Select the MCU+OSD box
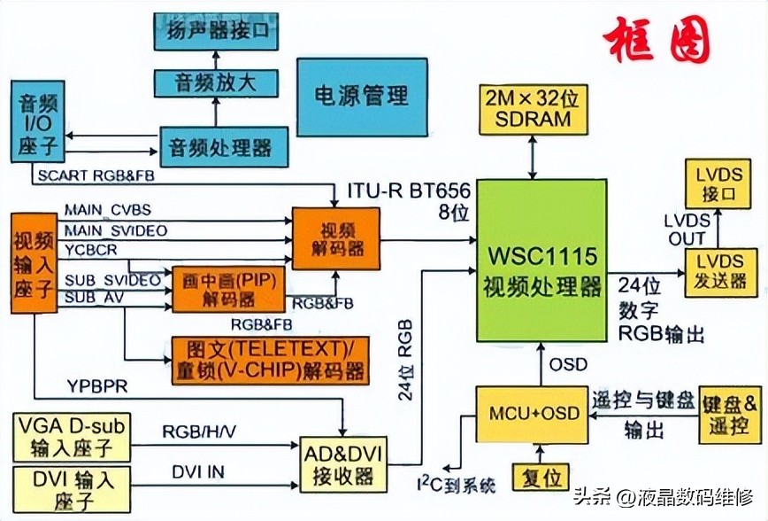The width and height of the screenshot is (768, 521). (x=534, y=414)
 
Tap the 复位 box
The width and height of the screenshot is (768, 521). (x=541, y=478)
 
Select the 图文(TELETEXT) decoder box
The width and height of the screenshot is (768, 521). (x=270, y=359)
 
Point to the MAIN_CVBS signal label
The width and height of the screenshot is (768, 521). (x=107, y=209)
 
